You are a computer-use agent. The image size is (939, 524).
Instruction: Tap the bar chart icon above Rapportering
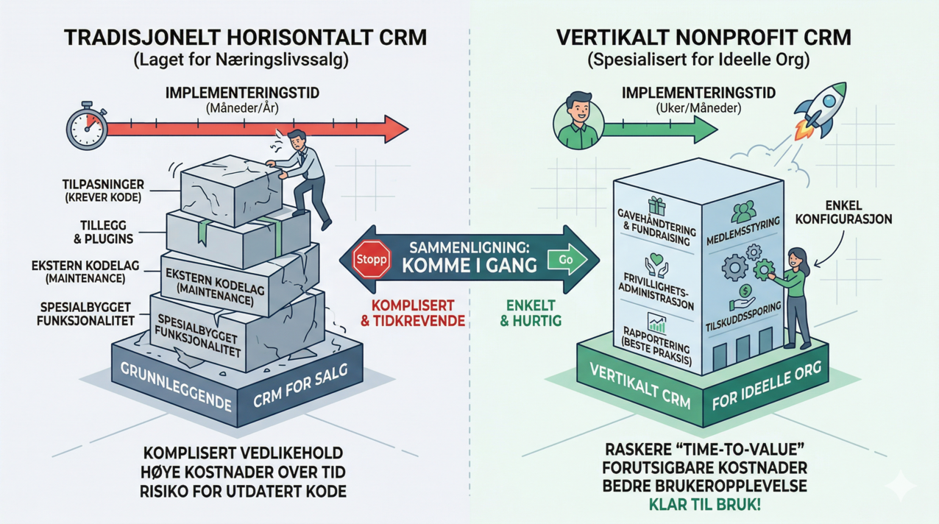coord(654,322)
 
